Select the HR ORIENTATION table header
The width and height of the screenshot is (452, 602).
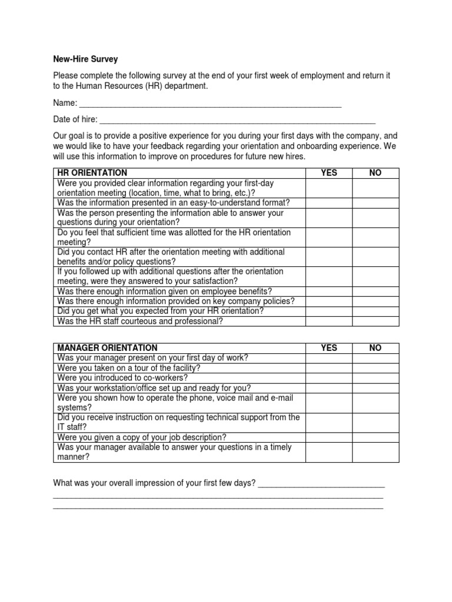92,173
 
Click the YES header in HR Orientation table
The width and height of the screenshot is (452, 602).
328,173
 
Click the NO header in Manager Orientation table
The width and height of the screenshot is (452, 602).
375,348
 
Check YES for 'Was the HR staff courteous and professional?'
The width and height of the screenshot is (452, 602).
328,321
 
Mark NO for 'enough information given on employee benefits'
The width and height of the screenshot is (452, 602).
375,291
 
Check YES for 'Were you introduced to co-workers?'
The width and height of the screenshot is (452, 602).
328,377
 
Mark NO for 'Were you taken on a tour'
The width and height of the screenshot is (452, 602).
375,368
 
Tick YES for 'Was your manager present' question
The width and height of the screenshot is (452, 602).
328,358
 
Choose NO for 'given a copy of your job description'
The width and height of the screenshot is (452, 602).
375,437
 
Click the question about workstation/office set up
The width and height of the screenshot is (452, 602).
154,388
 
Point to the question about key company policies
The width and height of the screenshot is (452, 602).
175,301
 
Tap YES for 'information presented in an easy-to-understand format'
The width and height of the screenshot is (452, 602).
328,202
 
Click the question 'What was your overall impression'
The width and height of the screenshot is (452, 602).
154,483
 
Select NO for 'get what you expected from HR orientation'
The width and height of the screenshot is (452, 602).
375,311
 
